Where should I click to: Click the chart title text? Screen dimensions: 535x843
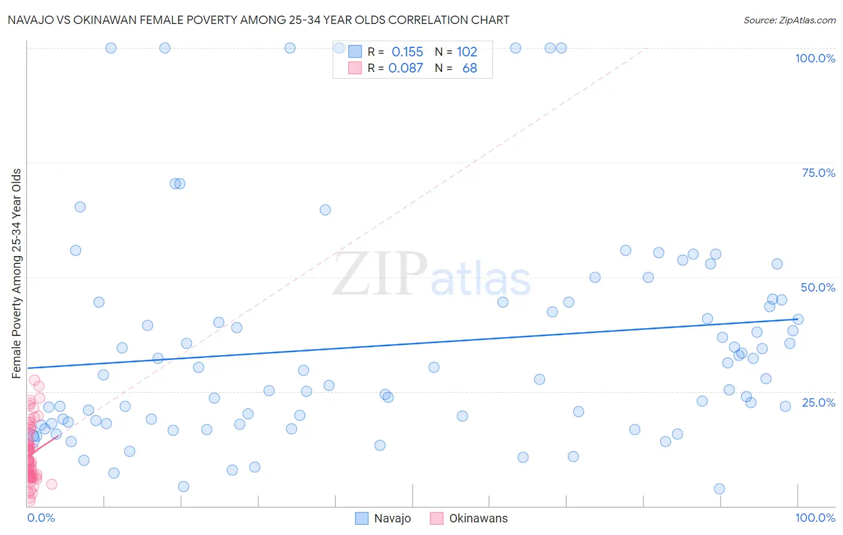pos(258,20)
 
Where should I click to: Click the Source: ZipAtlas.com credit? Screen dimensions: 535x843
pos(789,20)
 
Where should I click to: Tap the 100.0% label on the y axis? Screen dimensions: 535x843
pos(815,58)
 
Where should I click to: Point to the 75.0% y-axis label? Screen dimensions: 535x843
pos(818,173)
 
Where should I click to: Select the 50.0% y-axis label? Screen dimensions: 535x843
pos(818,287)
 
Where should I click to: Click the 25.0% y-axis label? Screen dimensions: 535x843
pos(818,402)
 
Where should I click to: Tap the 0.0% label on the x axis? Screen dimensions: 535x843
pos(41,518)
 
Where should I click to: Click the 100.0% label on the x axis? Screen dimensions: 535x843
pos(815,518)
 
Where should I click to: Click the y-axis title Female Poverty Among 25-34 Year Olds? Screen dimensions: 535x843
pos(17,273)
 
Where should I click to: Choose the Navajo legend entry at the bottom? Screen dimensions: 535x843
pos(392,519)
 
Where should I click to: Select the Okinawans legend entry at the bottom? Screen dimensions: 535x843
pos(478,519)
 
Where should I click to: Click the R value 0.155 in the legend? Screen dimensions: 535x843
pos(407,52)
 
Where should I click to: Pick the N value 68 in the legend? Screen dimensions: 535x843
pos(469,68)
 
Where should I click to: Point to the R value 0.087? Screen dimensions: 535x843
pos(406,68)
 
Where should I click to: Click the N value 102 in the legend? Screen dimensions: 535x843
pos(466,52)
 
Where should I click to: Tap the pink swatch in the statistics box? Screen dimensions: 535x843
pos(355,68)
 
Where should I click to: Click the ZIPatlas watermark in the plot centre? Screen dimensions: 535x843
pos(432,274)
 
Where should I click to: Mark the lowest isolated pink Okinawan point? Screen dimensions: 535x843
pos(52,484)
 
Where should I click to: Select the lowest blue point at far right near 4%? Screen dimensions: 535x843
pos(719,489)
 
